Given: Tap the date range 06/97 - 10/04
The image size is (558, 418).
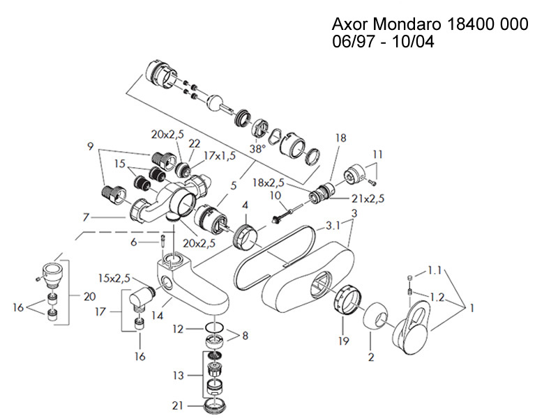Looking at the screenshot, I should [x=388, y=42].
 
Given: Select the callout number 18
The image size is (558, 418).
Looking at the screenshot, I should [x=340, y=138].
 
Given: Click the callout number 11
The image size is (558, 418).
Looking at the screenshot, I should [x=377, y=153].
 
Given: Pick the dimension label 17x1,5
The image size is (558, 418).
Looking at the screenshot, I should [x=206, y=157].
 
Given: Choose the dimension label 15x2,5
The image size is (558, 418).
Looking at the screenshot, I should [x=115, y=279].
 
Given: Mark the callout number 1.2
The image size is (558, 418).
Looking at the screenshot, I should [x=437, y=296].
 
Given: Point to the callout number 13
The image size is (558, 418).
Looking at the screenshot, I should [x=179, y=376].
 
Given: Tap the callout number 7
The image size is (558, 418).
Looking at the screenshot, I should [x=86, y=217].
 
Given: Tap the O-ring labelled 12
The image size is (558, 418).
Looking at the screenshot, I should [x=216, y=327].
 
